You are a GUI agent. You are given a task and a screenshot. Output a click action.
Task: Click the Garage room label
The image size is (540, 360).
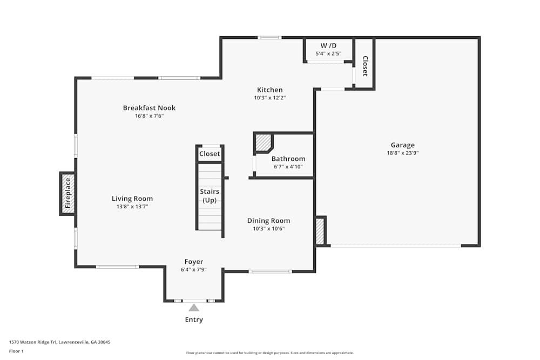(403, 145)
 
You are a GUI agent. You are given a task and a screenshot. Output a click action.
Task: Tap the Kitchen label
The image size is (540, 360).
(269, 90)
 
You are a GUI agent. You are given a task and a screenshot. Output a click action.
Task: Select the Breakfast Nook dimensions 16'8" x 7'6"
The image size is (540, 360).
(149, 116)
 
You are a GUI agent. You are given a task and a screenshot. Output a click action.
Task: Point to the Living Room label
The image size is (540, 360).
(132, 199)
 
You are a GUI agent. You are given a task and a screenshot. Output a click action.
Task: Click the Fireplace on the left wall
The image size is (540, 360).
(68, 193)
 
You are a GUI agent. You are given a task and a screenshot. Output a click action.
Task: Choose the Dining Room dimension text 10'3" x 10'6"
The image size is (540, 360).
(268, 228)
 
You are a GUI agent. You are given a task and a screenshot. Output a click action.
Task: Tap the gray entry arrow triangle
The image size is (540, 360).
(194, 307)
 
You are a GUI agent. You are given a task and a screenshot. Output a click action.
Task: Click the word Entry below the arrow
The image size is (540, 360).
(194, 320)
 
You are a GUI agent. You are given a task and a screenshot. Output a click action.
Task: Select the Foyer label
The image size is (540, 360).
(194, 262)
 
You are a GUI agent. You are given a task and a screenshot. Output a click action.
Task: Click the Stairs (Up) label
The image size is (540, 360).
(210, 195)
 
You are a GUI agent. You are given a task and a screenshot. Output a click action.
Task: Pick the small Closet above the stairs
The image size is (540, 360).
(210, 153)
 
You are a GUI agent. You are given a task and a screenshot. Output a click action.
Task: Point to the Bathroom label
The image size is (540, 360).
(288, 159)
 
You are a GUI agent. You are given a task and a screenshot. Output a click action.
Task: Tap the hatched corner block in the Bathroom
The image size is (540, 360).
(264, 142)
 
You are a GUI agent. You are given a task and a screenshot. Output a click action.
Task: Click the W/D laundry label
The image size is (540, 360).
(328, 45)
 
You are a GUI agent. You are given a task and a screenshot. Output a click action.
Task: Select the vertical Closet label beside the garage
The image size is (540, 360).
(365, 66)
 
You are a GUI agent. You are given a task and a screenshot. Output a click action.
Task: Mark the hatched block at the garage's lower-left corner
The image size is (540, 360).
(320, 231)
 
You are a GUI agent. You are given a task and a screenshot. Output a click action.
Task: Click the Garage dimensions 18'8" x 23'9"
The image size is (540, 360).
(403, 153)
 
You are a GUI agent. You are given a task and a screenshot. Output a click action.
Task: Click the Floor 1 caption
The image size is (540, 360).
(16, 351)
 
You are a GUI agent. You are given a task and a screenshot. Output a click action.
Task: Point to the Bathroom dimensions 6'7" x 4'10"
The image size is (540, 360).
(288, 167)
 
